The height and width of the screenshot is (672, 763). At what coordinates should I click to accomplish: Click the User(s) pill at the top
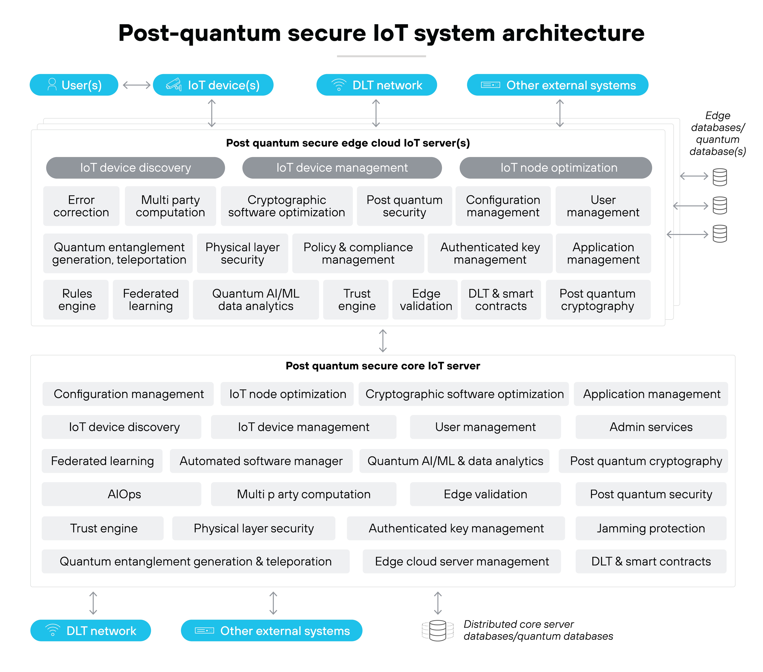pyautogui.click(x=74, y=85)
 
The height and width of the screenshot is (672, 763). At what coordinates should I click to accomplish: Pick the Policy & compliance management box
pyautogui.click(x=358, y=253)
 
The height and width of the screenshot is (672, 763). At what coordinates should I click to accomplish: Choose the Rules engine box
pyautogui.click(x=77, y=300)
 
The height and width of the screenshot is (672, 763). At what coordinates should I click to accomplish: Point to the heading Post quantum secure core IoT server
pyautogui.click(x=383, y=366)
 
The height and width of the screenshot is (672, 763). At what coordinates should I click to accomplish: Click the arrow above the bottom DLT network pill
pyautogui.click(x=93, y=603)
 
